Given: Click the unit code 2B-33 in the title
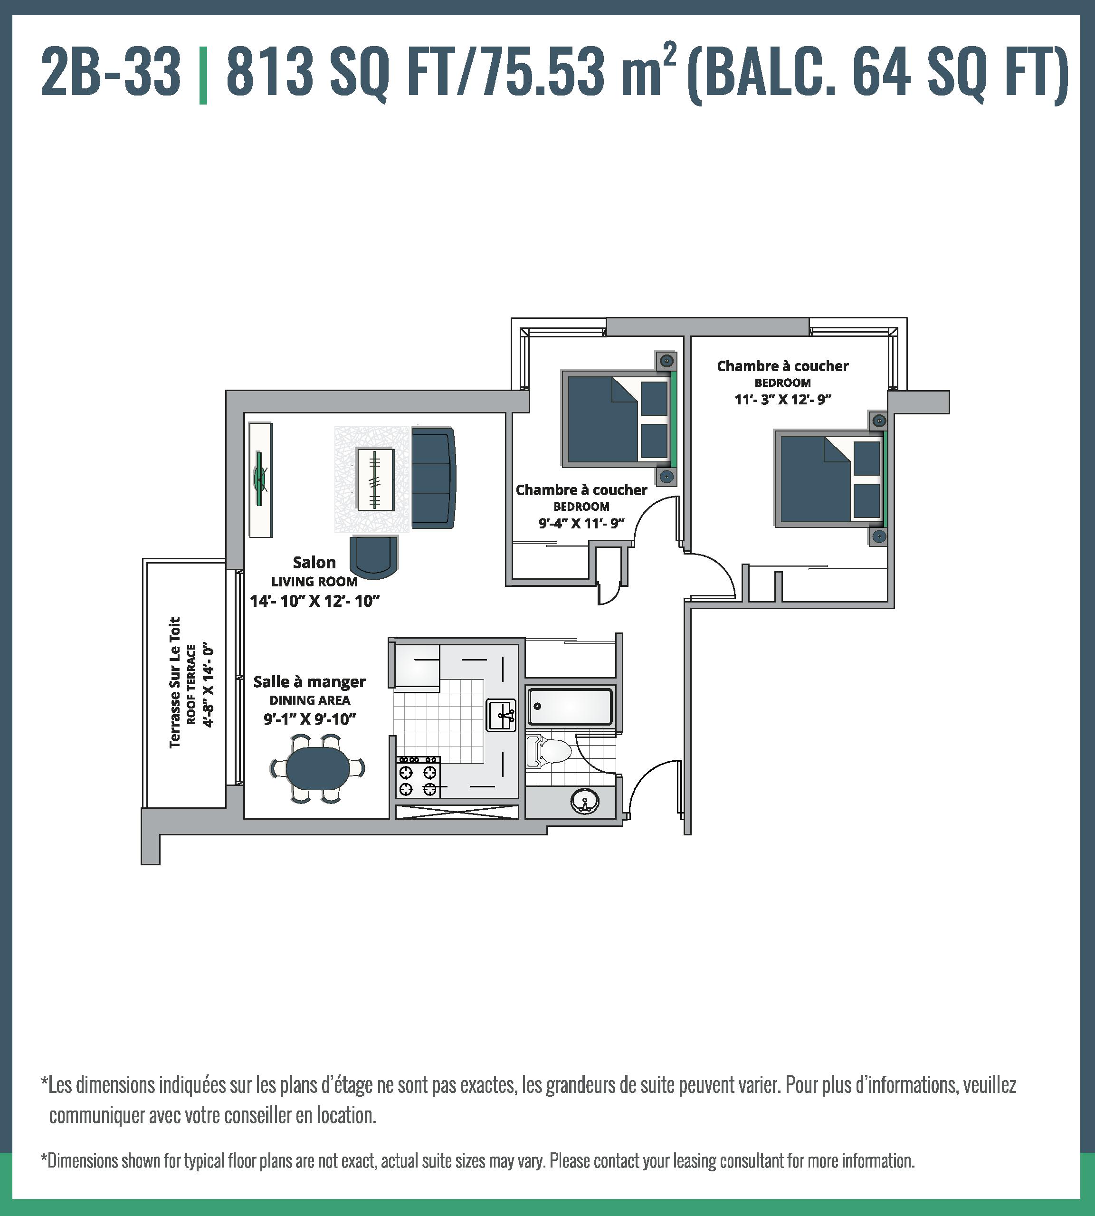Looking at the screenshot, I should point(111,73).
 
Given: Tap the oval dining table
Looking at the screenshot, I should point(316,766).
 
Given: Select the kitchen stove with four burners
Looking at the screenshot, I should point(418,777).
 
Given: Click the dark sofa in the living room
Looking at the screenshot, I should point(433,477).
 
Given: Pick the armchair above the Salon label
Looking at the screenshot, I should point(373,556).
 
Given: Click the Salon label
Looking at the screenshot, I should point(314,563).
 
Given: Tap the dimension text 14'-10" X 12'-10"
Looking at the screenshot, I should point(314,601).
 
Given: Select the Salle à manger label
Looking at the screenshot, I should point(309,682).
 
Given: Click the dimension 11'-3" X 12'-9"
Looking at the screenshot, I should point(783,399).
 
